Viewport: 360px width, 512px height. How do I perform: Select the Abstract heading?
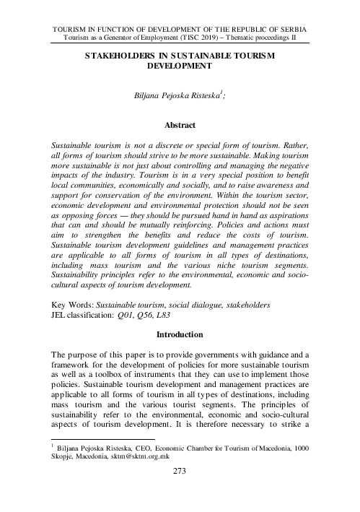click(x=180, y=124)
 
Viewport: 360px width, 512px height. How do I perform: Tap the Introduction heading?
click(x=180, y=334)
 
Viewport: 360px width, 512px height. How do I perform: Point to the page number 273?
click(x=180, y=493)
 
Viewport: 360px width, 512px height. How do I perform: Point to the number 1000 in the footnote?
click(x=302, y=467)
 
